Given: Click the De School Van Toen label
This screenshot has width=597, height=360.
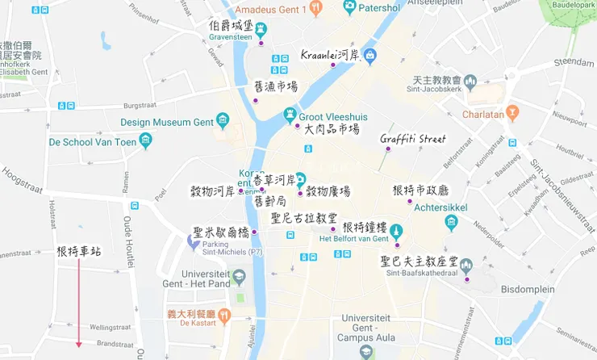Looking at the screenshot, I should click(x=91, y=141).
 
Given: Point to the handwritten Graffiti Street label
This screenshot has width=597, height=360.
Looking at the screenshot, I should click(x=413, y=139).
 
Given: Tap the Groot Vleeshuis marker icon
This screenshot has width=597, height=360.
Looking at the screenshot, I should click(x=290, y=116).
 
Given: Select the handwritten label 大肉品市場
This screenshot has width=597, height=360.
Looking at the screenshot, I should click(x=332, y=129).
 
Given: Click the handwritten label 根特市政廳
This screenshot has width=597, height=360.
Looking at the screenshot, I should click(x=420, y=190).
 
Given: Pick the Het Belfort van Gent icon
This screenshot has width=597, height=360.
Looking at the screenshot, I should click(x=395, y=232).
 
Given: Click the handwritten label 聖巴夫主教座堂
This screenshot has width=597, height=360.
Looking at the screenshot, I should click(x=420, y=262).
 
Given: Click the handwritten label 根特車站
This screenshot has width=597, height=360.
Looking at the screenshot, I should click(x=79, y=252).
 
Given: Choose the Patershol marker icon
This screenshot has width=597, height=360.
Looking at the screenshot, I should click(x=349, y=7).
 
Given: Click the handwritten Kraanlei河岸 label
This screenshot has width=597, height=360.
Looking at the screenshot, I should click(x=329, y=56).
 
